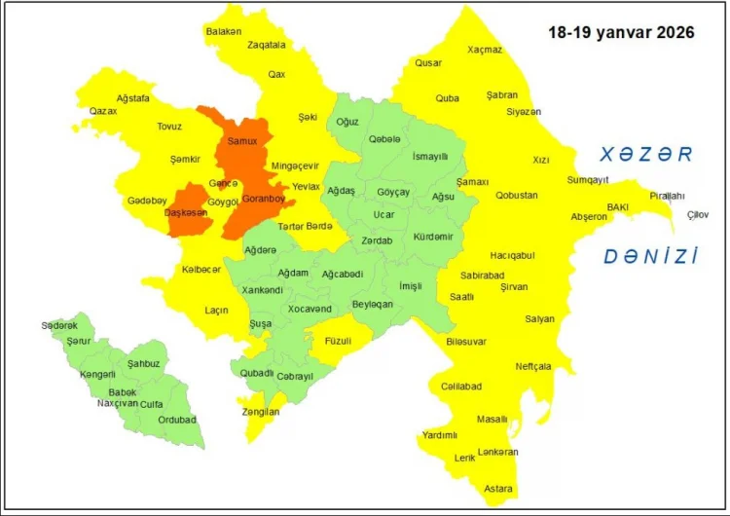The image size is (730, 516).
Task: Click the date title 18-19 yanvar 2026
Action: coord(621,32)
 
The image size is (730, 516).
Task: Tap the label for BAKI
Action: coord(618,207)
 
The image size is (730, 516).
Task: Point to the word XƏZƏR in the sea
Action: coord(645,154)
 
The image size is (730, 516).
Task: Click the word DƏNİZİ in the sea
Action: coord(651,257)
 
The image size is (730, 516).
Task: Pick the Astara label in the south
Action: coord(498,488)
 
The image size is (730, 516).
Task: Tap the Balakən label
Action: coord(223,31)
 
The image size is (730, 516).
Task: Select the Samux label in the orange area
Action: coord(241,141)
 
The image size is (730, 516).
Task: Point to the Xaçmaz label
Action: coord(485,49)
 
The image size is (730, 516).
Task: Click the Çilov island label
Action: coord(699,214)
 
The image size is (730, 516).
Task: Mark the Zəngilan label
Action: coord(261,413)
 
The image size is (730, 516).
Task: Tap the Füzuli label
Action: coord(339,341)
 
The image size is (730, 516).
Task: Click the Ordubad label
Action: coord(177,420)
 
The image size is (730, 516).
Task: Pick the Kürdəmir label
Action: coord(433,237)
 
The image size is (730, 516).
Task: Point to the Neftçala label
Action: coord(533,367)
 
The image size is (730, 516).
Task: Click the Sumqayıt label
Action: coord(589,180)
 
